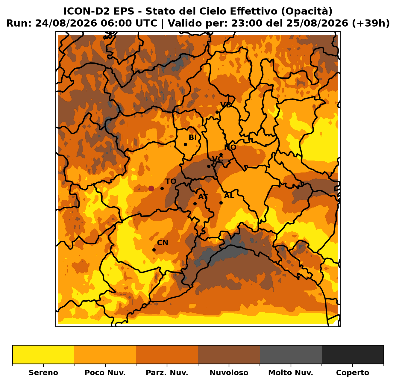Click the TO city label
point(171,181)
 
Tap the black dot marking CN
point(154,250)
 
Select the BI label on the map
point(192,137)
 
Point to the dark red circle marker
point(151,188)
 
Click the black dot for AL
point(221,203)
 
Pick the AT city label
point(203,196)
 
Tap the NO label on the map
point(230,147)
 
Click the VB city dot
point(217,112)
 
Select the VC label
point(217,159)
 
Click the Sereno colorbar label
point(43,373)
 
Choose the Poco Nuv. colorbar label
point(105,373)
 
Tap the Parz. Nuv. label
point(167,373)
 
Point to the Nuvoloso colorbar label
point(229,373)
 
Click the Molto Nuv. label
point(291,373)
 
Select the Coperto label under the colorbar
point(353,373)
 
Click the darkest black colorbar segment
point(353,355)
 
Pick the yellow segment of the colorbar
point(43,355)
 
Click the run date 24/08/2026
point(66,23)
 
